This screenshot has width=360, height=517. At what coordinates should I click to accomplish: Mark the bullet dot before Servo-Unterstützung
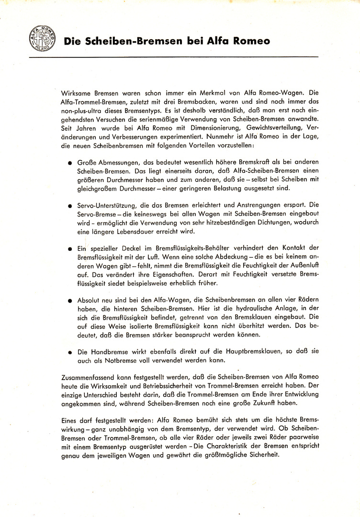(71, 206)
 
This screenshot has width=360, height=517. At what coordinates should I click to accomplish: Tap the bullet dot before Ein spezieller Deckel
(71, 249)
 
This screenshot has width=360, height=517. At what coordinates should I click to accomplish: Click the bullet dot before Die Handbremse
(71, 352)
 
